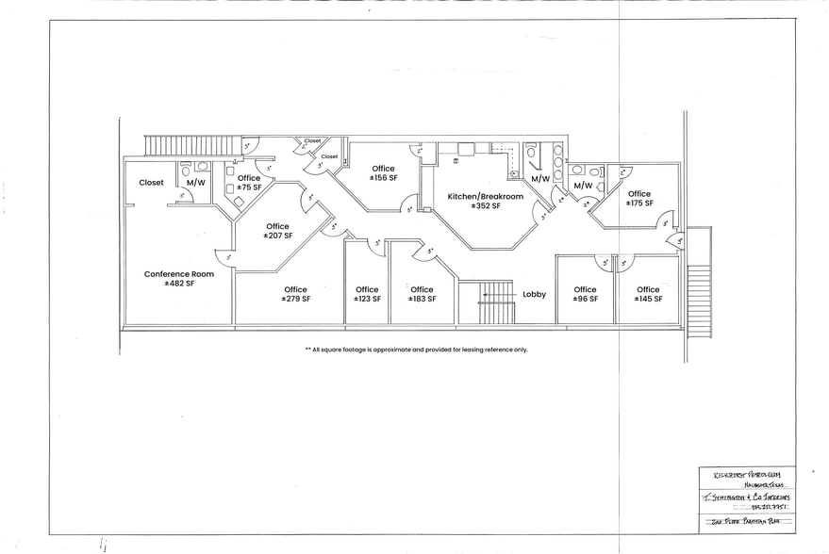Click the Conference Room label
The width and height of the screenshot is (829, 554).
tap(178, 274)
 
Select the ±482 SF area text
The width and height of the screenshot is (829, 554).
tap(178, 283)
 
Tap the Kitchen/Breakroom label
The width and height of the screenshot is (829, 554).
tap(485, 197)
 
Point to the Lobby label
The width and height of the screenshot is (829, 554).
tap(534, 294)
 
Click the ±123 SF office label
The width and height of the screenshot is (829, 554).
tap(367, 294)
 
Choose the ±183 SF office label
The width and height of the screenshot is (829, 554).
tap(422, 294)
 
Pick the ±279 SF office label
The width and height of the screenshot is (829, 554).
tap(295, 294)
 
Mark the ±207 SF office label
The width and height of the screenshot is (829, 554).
tap(277, 231)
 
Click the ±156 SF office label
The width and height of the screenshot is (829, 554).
tap(383, 172)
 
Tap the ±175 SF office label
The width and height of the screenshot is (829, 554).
tap(638, 199)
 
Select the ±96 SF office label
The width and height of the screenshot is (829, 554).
tap(585, 294)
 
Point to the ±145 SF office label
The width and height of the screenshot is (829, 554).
tap(648, 294)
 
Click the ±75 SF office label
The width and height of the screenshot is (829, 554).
tap(249, 183)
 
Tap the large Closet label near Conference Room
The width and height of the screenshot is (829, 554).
tap(151, 183)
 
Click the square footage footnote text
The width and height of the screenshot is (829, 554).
tap(416, 349)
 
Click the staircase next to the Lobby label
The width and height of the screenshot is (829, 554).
tap(494, 301)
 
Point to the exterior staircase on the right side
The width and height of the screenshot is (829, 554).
tap(698, 293)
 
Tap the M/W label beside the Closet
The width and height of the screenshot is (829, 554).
tap(196, 183)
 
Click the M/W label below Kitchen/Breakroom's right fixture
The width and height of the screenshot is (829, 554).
tap(540, 179)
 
